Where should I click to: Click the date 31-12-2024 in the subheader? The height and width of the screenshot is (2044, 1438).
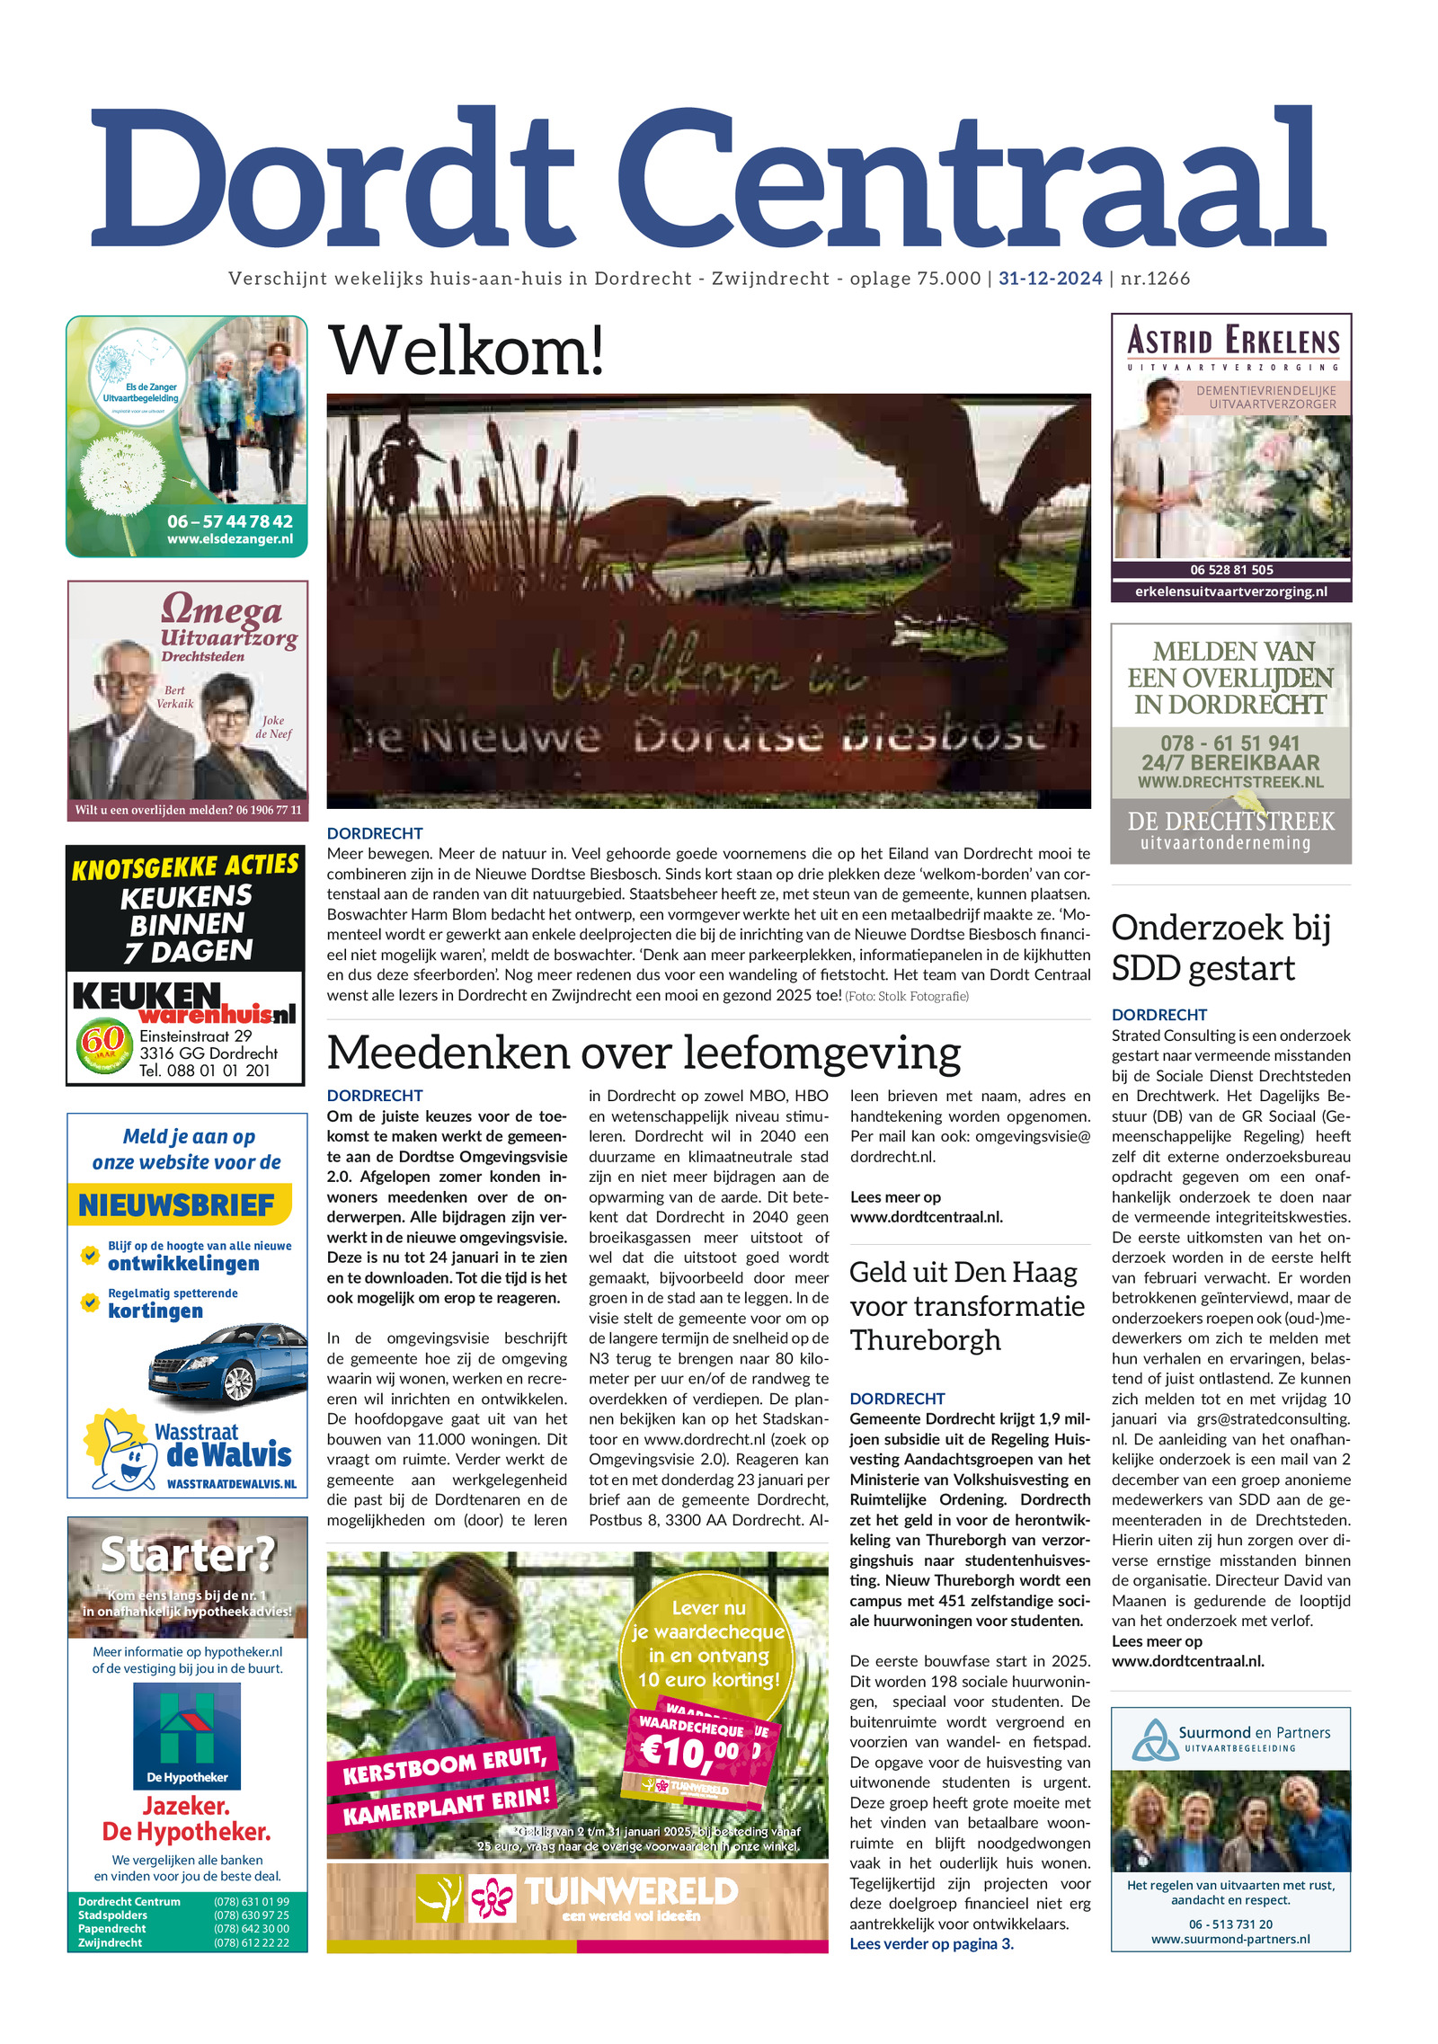[1050, 279]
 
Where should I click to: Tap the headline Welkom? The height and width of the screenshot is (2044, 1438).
[466, 351]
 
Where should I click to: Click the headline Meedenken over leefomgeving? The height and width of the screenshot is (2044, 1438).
[643, 1053]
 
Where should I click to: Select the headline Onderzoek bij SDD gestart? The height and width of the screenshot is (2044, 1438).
[1220, 947]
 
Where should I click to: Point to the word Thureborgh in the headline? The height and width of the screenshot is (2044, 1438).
[925, 1340]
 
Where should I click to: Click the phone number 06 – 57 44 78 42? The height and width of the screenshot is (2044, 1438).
[229, 521]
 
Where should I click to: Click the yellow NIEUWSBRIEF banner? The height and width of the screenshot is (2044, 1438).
[178, 1204]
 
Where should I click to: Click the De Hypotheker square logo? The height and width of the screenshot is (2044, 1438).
[187, 1734]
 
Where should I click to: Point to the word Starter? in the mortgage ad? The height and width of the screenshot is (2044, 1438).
[187, 1554]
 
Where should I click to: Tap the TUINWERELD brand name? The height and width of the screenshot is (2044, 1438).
[631, 1892]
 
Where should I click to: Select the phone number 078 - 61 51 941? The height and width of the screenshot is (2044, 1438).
[1229, 743]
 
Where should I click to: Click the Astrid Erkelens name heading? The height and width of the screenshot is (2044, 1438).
[1232, 342]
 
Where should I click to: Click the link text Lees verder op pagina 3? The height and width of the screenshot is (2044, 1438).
[931, 1943]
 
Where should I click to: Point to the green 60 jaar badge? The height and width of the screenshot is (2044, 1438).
[103, 1044]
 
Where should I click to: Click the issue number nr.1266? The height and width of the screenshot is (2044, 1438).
[1155, 279]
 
